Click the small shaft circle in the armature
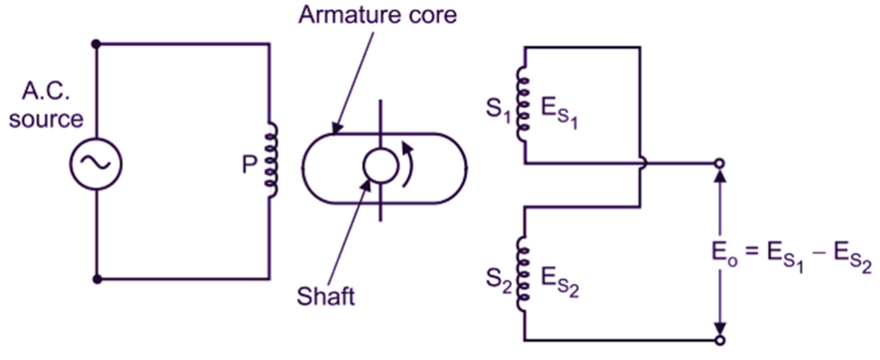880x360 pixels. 379,163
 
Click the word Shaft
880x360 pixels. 325,297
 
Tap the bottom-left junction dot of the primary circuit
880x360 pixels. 96,279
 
